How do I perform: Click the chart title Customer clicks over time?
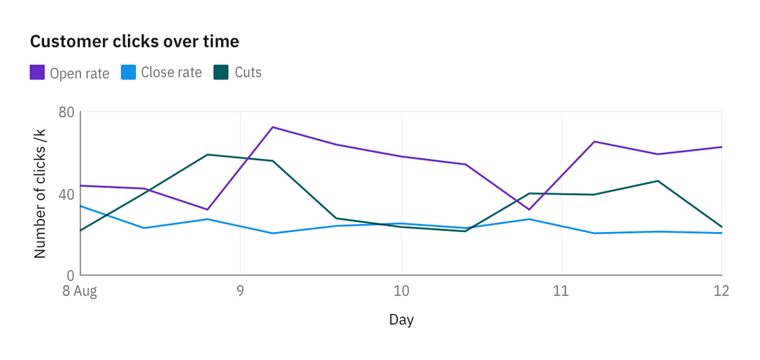pyautogui.click(x=135, y=42)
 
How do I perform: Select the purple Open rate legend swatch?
pyautogui.click(x=37, y=73)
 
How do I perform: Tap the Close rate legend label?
pyautogui.click(x=171, y=73)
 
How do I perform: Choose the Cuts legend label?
pyautogui.click(x=248, y=73)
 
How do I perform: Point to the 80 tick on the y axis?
pyautogui.click(x=66, y=112)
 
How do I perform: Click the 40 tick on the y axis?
pyautogui.click(x=66, y=194)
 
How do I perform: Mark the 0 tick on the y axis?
pyautogui.click(x=71, y=275)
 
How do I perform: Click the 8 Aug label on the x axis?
pyautogui.click(x=80, y=291)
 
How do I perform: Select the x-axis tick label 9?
pyautogui.click(x=240, y=291)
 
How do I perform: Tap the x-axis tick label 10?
pyautogui.click(x=401, y=291)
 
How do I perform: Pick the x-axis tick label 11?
pyautogui.click(x=561, y=291)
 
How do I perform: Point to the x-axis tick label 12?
pyautogui.click(x=721, y=291)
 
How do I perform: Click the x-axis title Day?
pyautogui.click(x=401, y=320)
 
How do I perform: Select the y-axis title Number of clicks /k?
pyautogui.click(x=40, y=194)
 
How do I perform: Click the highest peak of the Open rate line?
pyautogui.click(x=272, y=127)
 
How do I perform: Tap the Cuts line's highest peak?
pyautogui.click(x=208, y=155)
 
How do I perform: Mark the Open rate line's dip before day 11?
pyautogui.click(x=529, y=210)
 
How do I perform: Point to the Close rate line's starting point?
pyautogui.click(x=80, y=206)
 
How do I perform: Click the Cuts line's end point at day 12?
pyautogui.click(x=722, y=227)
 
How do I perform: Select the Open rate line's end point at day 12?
pyautogui.click(x=722, y=147)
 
